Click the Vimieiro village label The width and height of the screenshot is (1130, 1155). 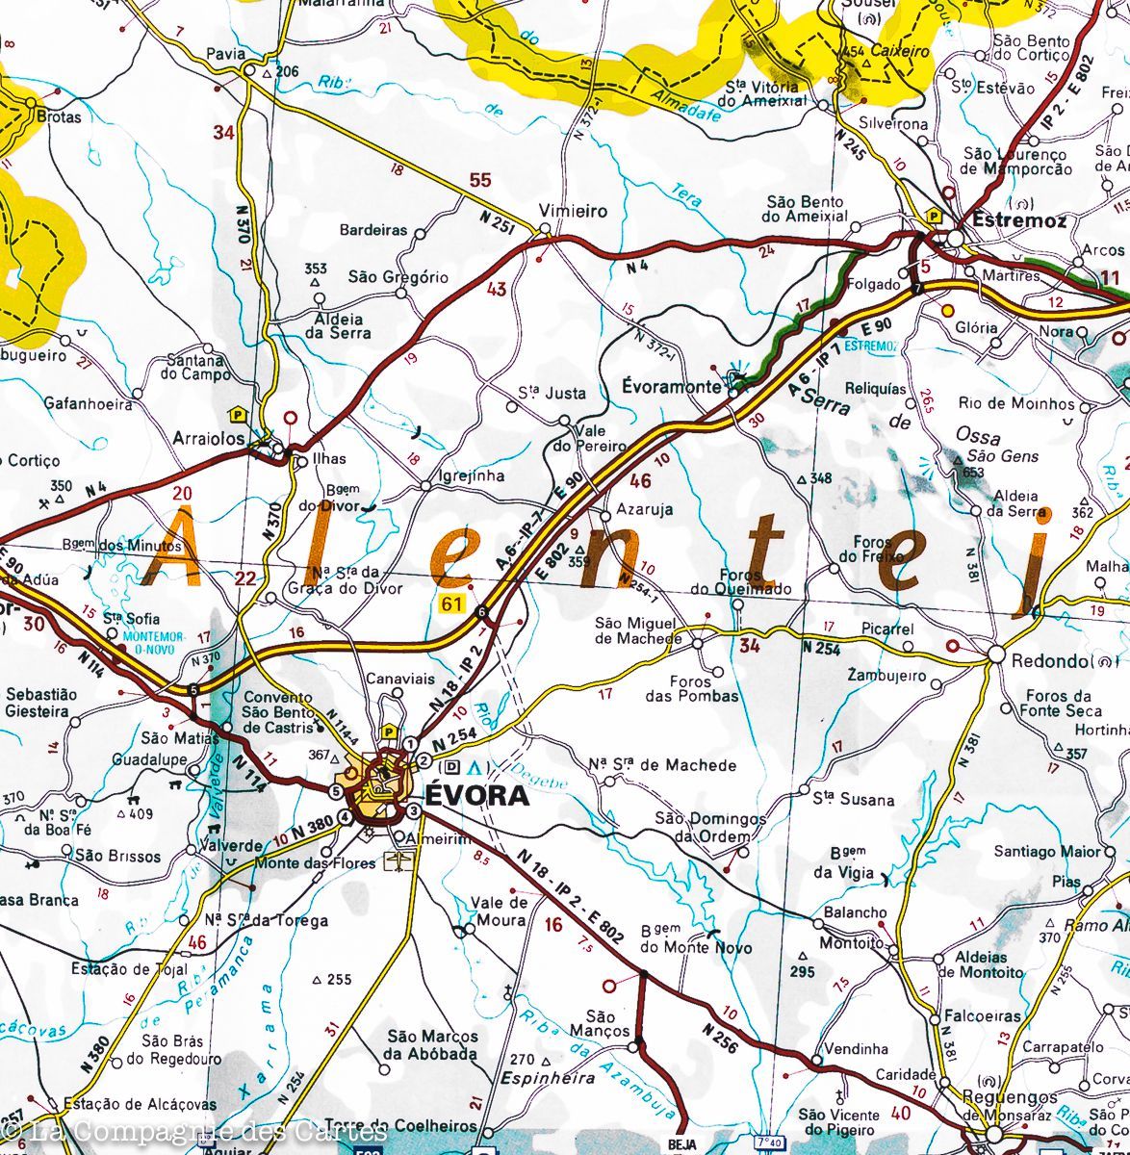tap(573, 211)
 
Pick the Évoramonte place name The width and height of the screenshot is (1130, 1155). tap(671, 387)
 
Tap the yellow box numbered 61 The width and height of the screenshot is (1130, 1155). tap(450, 603)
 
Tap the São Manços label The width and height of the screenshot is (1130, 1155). tap(600, 1023)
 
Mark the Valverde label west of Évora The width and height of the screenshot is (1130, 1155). tap(230, 846)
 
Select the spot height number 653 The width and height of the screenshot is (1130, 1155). tap(972, 472)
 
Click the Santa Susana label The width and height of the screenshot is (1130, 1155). tap(853, 799)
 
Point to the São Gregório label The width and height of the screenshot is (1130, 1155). tap(398, 277)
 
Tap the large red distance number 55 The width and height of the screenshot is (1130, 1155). tap(479, 180)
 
